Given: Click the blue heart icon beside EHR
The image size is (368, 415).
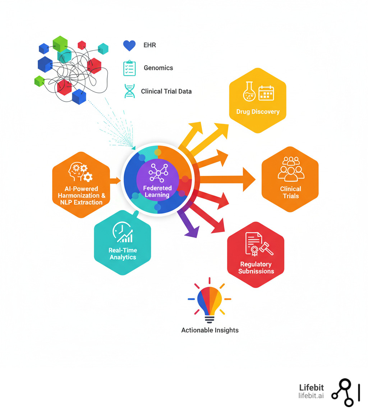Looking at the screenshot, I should pos(129,46).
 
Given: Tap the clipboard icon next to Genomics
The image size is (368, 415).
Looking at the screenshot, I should pos(129,68).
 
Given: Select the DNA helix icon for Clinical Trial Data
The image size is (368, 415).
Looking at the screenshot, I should pos(129,91).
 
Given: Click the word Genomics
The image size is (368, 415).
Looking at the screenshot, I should pos(158,68).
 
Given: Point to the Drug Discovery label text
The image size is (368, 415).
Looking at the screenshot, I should pos(258,111).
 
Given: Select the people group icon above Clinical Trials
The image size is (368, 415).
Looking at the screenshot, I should pos(291,168).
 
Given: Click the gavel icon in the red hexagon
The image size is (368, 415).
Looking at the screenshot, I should pos(266,248).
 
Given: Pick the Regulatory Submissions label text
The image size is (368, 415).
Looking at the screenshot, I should pos(256,268).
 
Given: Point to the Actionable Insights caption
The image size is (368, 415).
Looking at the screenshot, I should pos(210,330).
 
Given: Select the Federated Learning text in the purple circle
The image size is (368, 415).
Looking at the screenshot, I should pos(157,191).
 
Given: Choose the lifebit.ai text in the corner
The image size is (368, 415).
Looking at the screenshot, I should pos(311,396).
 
